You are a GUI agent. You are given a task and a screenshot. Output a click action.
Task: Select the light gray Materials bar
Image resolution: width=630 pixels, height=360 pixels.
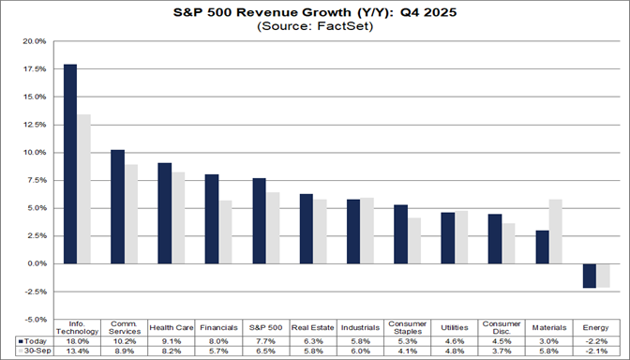(556, 231)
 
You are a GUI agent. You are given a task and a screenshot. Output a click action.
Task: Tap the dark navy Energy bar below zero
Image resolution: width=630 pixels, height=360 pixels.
(590, 276)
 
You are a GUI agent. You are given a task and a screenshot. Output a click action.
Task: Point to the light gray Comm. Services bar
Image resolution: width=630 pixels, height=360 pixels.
(131, 214)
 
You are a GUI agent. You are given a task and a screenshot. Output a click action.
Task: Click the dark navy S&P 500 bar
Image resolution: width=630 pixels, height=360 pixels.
(260, 220)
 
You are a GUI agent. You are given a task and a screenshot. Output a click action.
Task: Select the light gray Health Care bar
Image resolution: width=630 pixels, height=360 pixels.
(178, 217)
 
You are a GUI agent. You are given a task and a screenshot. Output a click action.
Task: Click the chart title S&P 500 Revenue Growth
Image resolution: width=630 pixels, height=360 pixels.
(314, 14)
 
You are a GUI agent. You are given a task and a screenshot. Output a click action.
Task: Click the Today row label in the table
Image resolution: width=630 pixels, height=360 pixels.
(31, 340)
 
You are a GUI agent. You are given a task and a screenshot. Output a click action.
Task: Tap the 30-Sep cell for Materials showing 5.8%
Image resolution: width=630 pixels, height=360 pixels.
(549, 351)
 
